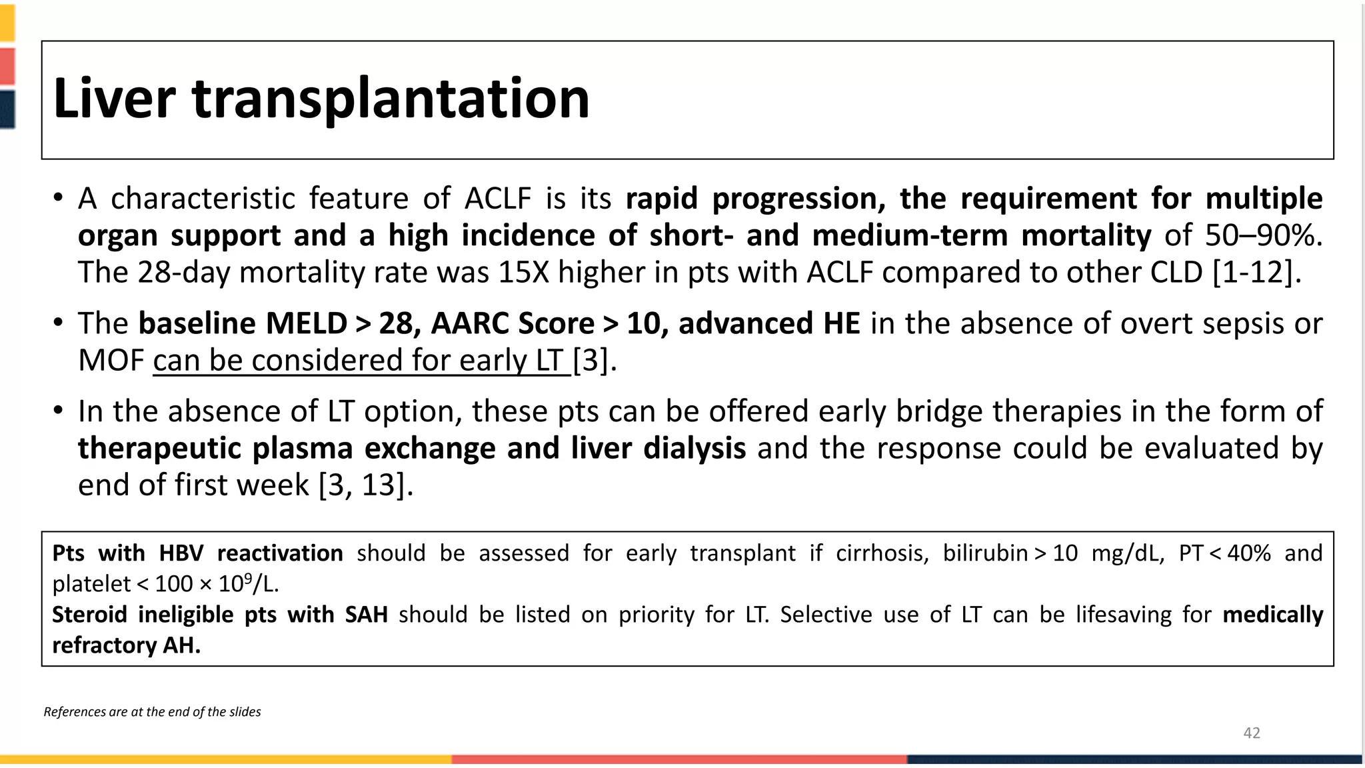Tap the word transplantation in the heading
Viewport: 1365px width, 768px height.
(391, 100)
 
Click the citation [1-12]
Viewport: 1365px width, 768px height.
(1256, 272)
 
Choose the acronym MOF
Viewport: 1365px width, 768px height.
(111, 361)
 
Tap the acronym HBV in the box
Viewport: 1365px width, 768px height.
(181, 553)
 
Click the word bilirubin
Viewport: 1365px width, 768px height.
(985, 553)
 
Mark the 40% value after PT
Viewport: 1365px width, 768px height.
(1248, 553)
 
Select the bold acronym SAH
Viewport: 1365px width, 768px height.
(366, 615)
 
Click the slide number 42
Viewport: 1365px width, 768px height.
(1252, 733)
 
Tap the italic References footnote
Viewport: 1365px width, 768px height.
(152, 712)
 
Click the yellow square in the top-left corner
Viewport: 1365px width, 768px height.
(7, 22)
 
